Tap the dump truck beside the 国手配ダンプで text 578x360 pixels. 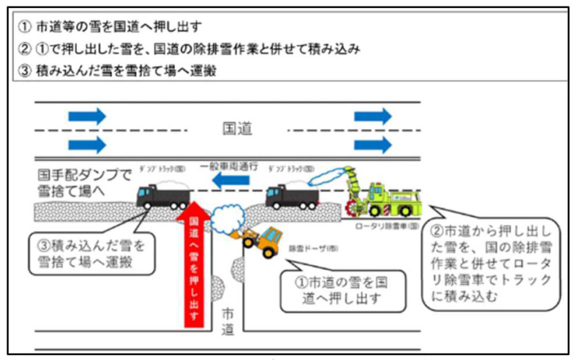[163, 196]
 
